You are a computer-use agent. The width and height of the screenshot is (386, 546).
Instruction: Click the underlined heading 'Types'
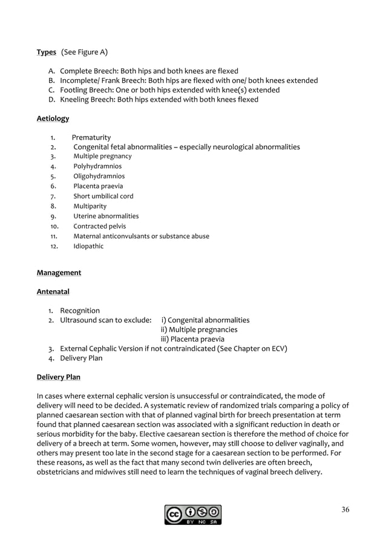point(47,53)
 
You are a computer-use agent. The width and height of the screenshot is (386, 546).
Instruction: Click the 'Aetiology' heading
point(53,119)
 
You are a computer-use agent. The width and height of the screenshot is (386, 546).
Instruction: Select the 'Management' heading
point(59,273)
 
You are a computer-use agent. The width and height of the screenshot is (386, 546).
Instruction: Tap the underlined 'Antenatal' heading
point(53,292)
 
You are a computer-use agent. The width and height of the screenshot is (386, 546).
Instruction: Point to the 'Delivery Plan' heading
point(58,377)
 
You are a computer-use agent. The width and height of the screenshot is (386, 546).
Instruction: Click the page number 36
point(345,509)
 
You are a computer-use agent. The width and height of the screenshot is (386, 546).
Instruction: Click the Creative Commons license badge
point(192,515)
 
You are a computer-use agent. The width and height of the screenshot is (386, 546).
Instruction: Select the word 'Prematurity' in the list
point(91,137)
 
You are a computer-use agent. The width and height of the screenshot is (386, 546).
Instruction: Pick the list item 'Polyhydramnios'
point(97,166)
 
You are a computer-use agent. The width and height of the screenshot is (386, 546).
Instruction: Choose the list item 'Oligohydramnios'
point(99,177)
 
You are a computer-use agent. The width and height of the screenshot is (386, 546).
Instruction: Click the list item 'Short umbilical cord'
point(103,197)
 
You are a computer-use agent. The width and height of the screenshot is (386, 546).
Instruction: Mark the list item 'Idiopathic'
point(88,246)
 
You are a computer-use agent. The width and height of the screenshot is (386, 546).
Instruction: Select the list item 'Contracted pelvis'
point(100,226)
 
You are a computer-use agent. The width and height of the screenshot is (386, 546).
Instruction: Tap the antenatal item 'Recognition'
point(80,311)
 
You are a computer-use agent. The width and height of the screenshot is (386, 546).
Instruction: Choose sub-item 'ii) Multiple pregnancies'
point(199,330)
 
